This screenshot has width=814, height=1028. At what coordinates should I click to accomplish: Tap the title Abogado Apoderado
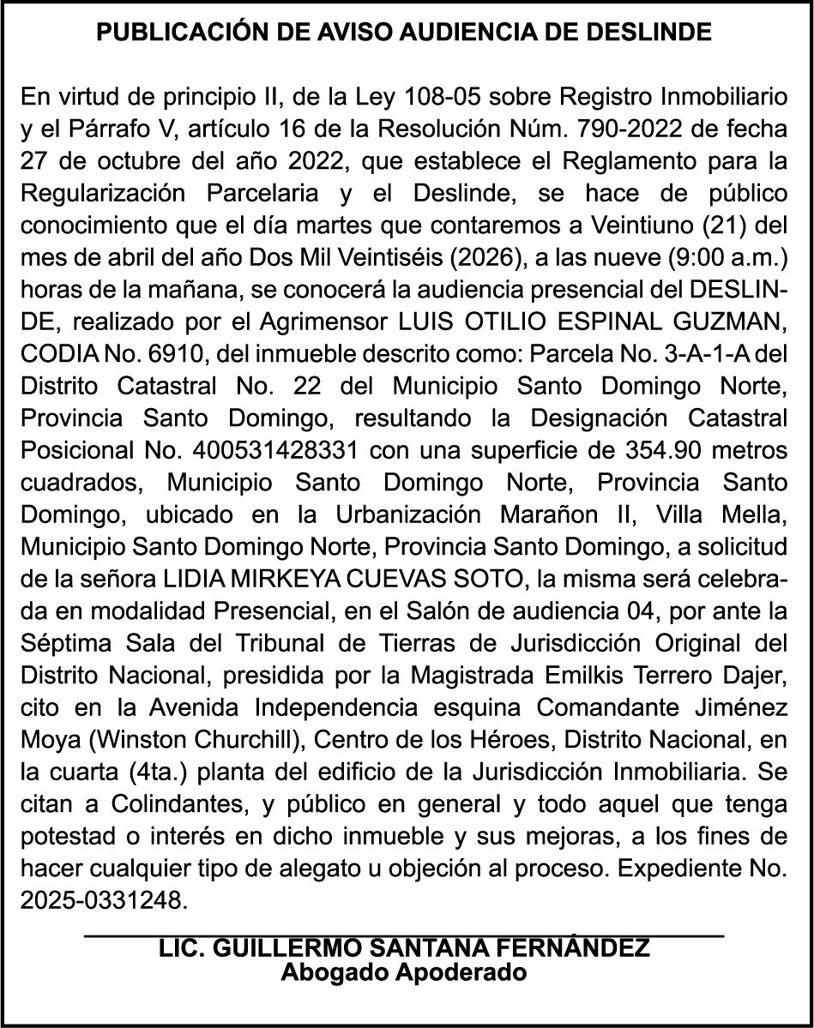[x=404, y=973]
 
